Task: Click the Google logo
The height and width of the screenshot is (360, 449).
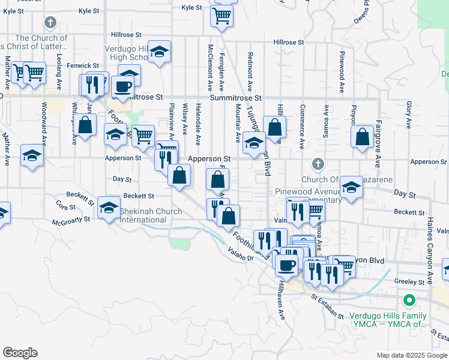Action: pos(20,353)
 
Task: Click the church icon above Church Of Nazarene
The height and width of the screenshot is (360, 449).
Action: pos(318,164)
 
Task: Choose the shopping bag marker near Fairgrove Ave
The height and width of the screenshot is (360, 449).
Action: pos(363,137)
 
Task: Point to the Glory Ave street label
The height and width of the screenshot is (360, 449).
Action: pos(408,114)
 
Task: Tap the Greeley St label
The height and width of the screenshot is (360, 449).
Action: pos(410,281)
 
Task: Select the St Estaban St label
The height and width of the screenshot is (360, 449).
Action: pos(327,306)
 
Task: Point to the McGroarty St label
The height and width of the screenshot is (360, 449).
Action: pos(70,220)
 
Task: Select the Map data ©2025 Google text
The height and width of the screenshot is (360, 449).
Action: pos(411,355)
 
